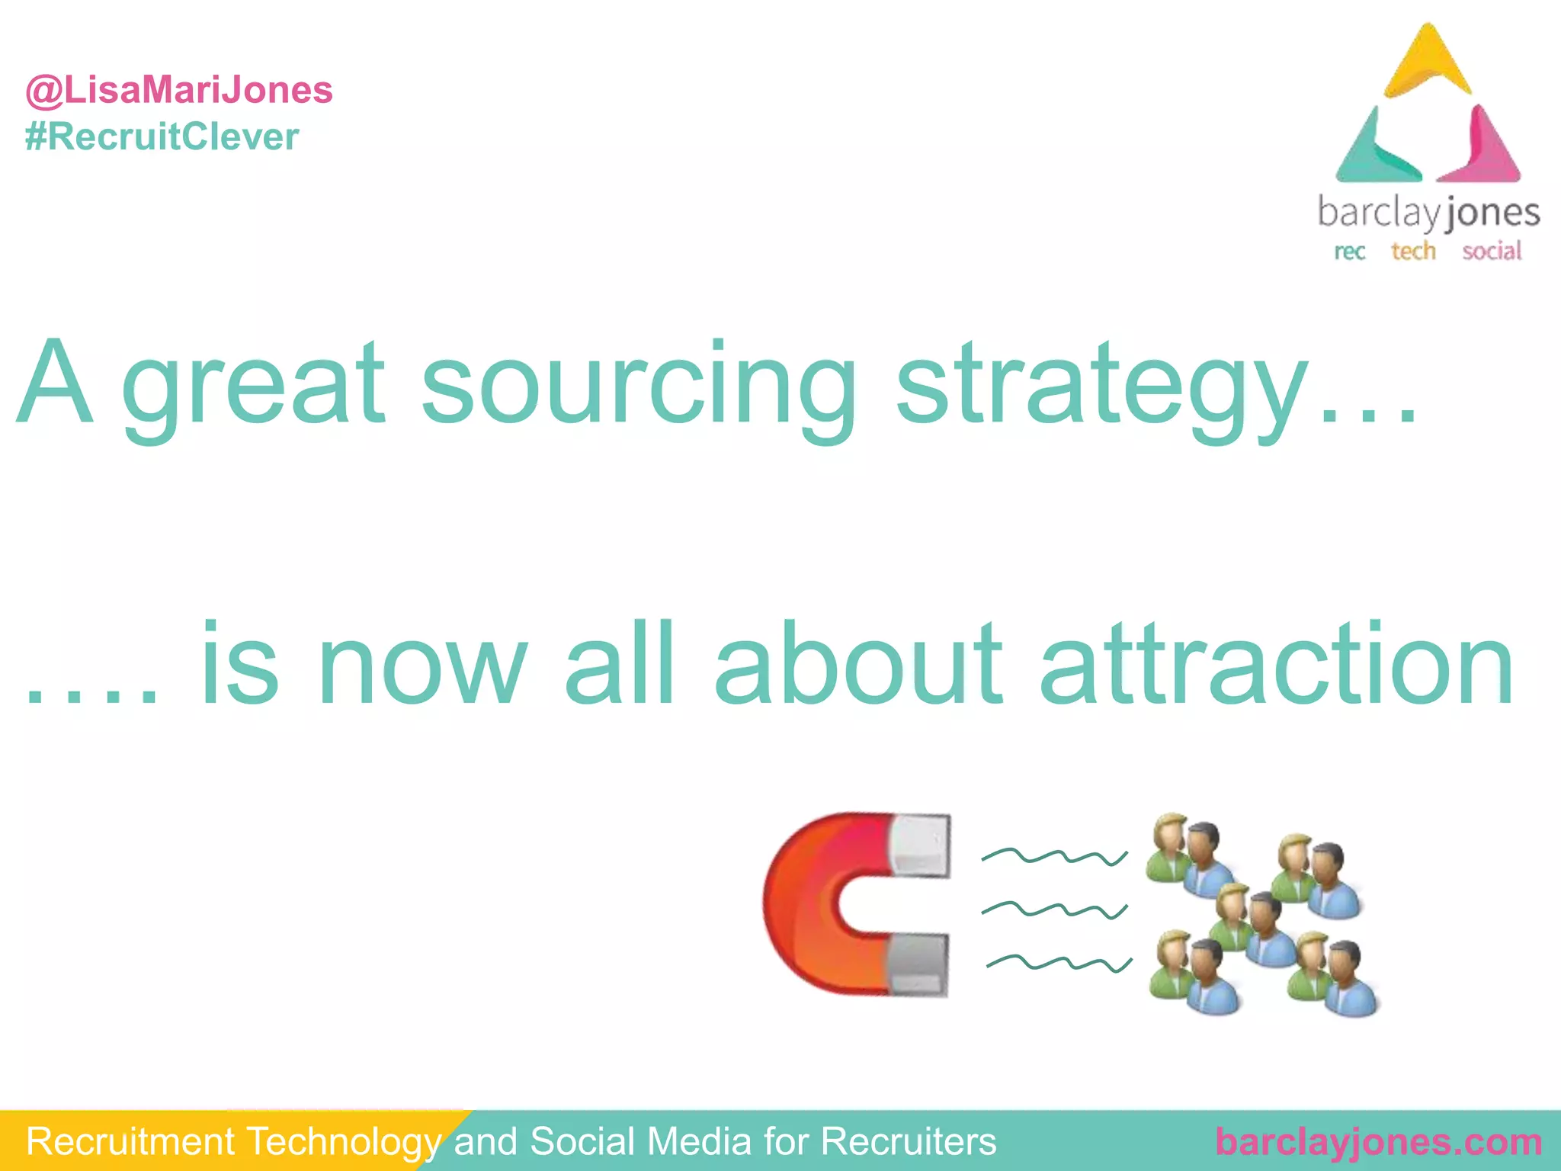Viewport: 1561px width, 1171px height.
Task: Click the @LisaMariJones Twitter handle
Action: pos(179,91)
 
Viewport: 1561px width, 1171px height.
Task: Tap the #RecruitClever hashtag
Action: pos(162,137)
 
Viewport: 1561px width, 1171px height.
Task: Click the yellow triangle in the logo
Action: pos(1428,65)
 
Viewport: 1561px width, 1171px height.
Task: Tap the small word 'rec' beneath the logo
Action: pos(1349,252)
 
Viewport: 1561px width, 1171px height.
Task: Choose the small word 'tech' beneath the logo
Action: pos(1413,251)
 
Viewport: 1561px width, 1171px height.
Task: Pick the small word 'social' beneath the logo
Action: pos(1492,251)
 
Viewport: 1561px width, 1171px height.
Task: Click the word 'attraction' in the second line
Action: pos(1277,663)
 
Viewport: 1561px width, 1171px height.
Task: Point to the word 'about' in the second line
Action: pos(857,663)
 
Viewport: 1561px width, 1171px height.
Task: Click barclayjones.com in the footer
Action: pos(1379,1142)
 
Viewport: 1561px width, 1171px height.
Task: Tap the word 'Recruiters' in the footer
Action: pos(909,1142)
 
